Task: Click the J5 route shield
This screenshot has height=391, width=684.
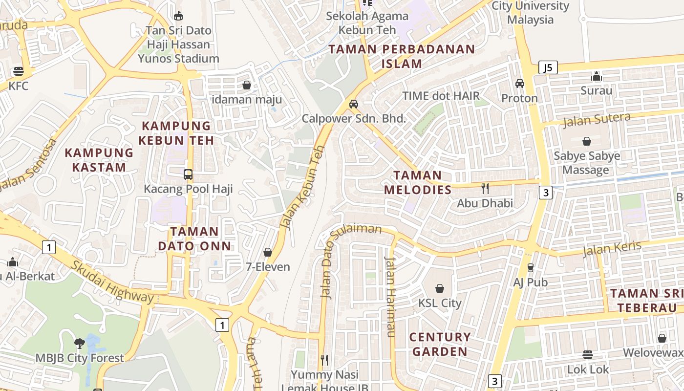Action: [x=548, y=67]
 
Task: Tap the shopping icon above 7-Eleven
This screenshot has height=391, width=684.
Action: [x=267, y=252]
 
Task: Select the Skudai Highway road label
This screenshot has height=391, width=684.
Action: [x=113, y=282]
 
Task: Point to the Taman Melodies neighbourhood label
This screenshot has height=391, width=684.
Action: [x=418, y=182]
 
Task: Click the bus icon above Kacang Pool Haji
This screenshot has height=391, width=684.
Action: [x=188, y=174]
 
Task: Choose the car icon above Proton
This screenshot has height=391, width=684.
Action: [x=519, y=84]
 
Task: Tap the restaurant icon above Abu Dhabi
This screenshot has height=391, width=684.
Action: [x=485, y=188]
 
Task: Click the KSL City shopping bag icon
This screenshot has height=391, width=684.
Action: [x=440, y=288]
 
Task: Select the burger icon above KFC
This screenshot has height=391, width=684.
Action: [x=19, y=71]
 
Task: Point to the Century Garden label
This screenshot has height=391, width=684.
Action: [x=440, y=344]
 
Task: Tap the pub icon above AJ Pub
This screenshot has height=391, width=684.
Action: [x=530, y=267]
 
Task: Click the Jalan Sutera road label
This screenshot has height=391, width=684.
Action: [x=597, y=119]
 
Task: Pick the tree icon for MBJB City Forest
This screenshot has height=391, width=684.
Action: [x=79, y=343]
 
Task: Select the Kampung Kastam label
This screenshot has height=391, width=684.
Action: [x=99, y=159]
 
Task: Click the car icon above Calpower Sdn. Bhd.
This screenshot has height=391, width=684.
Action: [x=354, y=104]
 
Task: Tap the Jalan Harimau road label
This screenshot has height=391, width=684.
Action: [x=390, y=297]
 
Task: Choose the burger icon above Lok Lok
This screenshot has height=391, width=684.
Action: [x=588, y=355]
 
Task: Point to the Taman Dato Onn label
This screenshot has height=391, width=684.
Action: [x=194, y=238]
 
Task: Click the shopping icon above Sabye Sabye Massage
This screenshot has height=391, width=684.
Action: [x=587, y=141]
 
